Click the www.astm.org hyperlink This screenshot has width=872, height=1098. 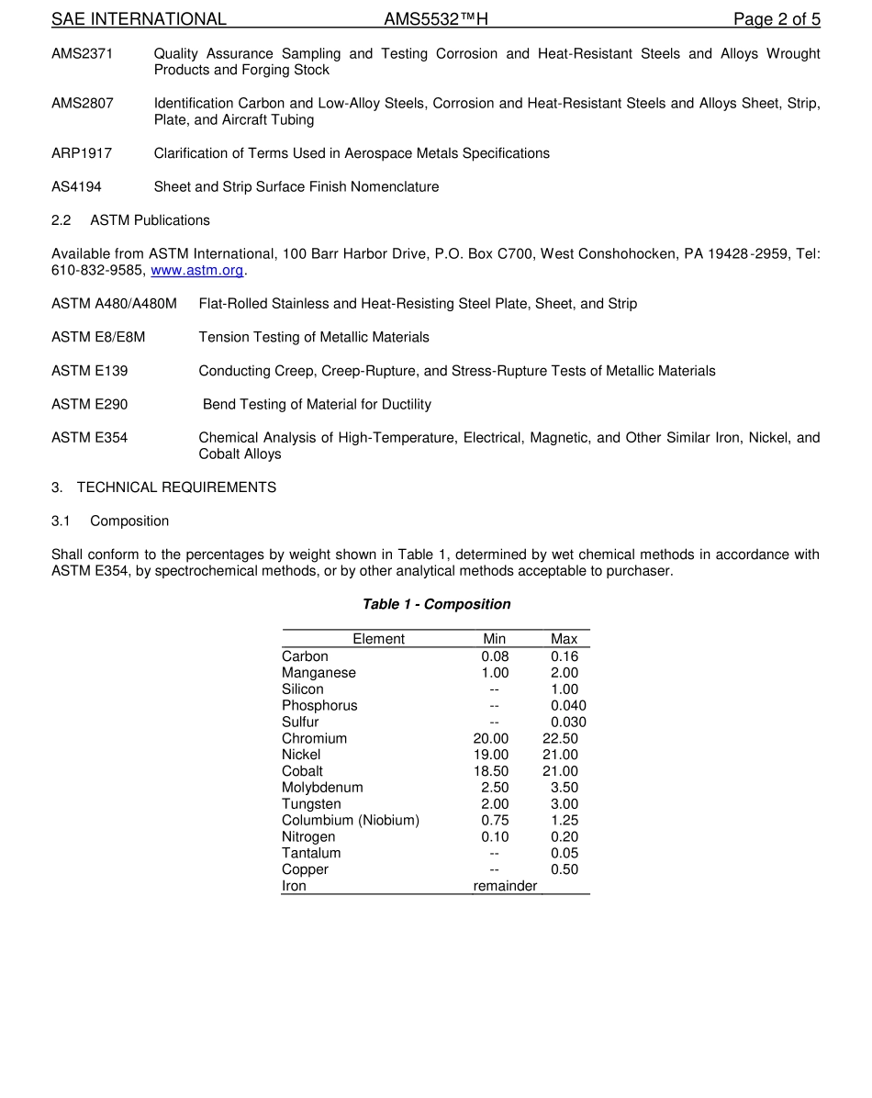tap(197, 271)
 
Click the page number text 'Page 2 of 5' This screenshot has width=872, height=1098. tap(777, 19)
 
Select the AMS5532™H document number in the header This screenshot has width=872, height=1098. tap(435, 19)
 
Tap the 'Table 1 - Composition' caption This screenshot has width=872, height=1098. tap(436, 604)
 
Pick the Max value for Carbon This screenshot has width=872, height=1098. tap(565, 656)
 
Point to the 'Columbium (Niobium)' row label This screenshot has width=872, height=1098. tap(351, 821)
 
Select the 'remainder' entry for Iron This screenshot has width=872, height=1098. tap(505, 887)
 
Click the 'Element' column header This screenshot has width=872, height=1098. tap(378, 639)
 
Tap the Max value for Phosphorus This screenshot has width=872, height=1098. tap(568, 706)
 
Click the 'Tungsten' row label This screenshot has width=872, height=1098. tap(311, 804)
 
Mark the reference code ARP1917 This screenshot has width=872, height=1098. tap(82, 153)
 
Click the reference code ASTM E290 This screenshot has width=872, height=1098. tap(90, 405)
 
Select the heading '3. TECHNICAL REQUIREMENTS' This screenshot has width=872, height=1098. tap(163, 487)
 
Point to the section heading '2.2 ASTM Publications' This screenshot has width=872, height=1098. tap(130, 220)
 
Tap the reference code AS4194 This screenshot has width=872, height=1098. tap(76, 187)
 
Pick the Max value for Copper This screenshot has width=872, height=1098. tap(565, 870)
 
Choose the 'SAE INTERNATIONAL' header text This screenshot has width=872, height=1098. tap(139, 19)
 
